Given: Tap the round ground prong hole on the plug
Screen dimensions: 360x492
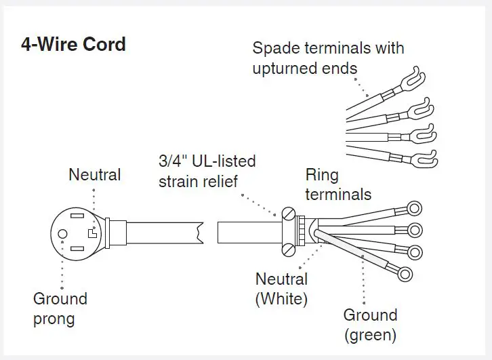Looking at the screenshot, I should [62, 233].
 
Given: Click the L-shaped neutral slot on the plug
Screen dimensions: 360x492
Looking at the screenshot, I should [92, 234].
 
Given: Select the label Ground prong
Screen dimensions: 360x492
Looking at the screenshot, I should [60, 308].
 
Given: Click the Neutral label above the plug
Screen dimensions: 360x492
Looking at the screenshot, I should [95, 175].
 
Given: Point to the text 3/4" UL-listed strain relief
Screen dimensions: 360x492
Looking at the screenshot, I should [207, 172].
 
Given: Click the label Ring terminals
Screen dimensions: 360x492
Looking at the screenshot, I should [337, 185].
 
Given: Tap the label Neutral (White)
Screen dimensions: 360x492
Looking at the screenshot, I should [281, 289].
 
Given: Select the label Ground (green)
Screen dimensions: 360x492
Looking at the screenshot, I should [369, 324].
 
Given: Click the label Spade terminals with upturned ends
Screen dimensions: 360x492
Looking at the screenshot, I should [327, 58].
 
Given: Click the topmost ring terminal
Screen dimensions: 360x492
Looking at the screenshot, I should [414, 209].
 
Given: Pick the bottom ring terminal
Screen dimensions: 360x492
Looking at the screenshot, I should [406, 274].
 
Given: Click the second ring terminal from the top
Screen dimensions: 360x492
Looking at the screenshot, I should [415, 229].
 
